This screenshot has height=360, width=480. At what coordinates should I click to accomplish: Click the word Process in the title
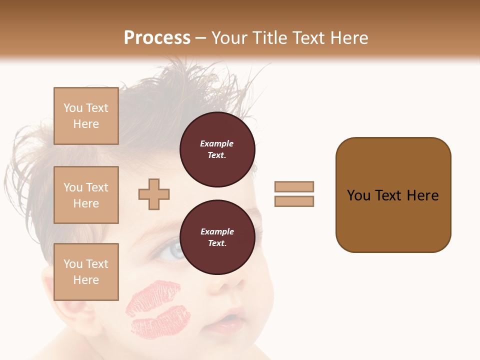coord(157,38)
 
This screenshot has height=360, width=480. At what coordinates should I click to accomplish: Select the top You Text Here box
coord(86,116)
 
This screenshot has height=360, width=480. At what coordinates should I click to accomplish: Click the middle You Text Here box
coord(86,195)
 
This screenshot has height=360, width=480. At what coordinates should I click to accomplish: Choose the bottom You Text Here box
coord(86,271)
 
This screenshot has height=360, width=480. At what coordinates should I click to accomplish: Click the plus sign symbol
coord(154,194)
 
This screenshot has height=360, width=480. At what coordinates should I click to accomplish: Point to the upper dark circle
coord(217,149)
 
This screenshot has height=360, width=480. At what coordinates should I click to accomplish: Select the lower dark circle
coord(217,237)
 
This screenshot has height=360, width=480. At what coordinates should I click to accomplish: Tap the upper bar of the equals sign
coord(294,186)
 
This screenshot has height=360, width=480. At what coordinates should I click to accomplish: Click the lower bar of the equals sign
coord(294,201)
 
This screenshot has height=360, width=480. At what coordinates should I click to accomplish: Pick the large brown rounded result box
coord(393,195)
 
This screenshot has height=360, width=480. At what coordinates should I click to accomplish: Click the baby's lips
coord(227,322)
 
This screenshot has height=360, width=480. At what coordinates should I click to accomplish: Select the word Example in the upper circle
coord(217,143)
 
